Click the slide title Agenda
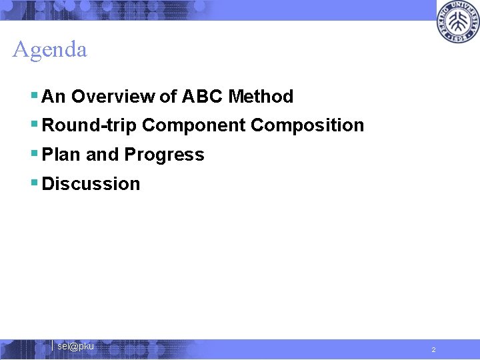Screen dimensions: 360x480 (x=50, y=50)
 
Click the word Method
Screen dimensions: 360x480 (x=261, y=97)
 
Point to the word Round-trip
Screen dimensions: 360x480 (x=89, y=125)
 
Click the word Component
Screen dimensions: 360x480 (x=194, y=125)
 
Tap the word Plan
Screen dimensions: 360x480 (x=62, y=155)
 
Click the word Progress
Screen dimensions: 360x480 (x=164, y=155)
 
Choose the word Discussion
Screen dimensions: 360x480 (x=91, y=184)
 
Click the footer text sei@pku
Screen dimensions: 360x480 (x=75, y=347)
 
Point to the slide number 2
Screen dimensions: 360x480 (x=433, y=350)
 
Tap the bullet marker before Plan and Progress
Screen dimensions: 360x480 (x=35, y=154)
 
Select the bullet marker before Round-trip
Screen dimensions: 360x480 (x=35, y=125)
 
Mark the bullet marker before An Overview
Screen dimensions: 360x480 (x=35, y=96)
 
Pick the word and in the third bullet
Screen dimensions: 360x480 (x=102, y=155)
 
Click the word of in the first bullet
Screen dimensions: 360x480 (x=168, y=97)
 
